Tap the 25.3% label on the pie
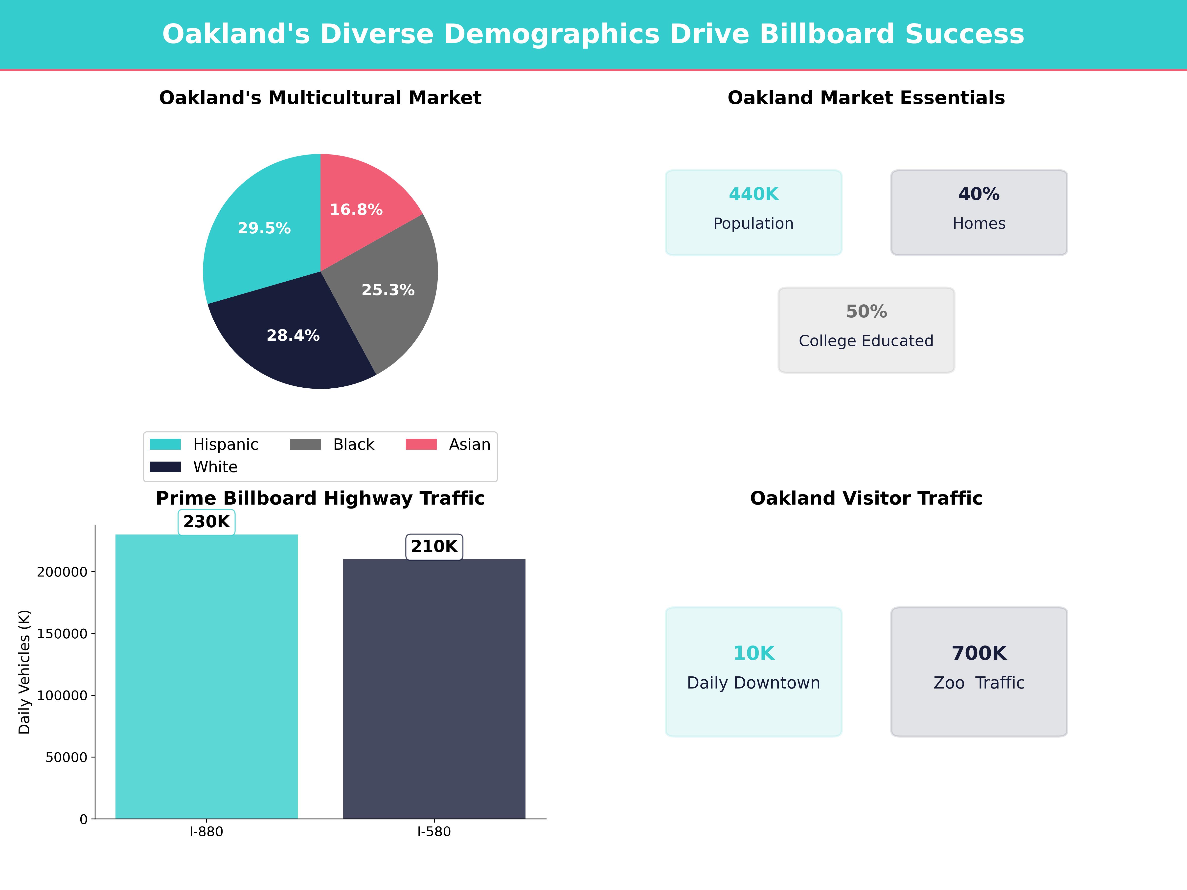click(x=388, y=290)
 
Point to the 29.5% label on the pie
click(x=264, y=228)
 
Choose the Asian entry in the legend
click(x=470, y=445)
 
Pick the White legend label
click(x=215, y=467)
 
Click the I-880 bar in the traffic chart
click(x=206, y=676)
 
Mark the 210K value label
click(x=434, y=547)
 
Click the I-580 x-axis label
click(x=434, y=832)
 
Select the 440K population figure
click(x=753, y=194)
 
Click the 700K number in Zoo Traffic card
click(x=979, y=653)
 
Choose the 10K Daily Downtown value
click(x=753, y=653)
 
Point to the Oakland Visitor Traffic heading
click(x=866, y=498)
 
